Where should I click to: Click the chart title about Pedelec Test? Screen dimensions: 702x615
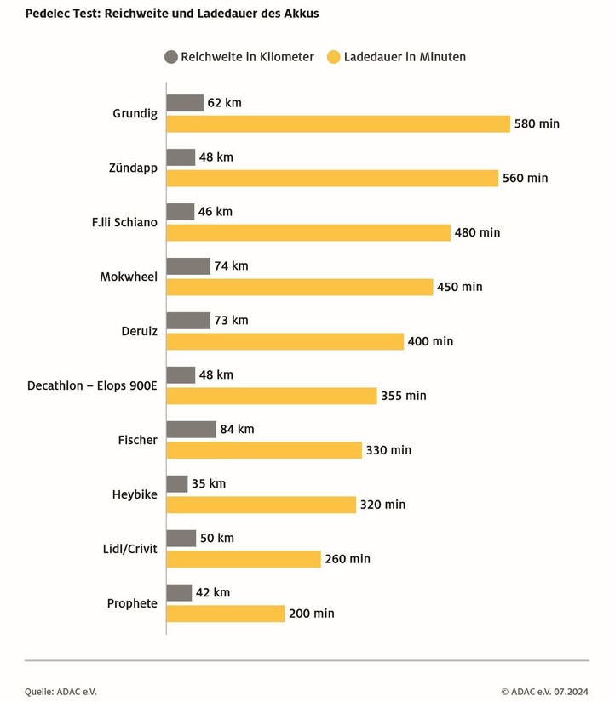pos(172,14)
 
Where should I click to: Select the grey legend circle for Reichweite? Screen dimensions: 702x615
pos(170,57)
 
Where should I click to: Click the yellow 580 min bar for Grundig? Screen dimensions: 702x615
pos(338,123)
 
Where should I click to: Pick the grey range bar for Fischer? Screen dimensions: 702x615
pos(191,429)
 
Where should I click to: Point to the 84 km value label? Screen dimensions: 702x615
pos(238,429)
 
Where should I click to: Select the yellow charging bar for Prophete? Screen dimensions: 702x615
pos(226,614)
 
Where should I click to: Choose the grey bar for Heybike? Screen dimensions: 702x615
pos(177,483)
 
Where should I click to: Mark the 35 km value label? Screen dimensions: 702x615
pos(210,483)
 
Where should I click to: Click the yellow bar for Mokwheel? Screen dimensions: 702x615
pos(300,287)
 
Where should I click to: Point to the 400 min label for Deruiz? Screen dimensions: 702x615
pos(431,341)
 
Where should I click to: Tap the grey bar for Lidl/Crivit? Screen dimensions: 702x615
pos(181,538)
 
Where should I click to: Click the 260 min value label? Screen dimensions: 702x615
pos(348,559)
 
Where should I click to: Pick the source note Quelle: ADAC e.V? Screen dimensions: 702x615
pos(61,692)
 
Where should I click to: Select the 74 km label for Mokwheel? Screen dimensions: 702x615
pos(232,265)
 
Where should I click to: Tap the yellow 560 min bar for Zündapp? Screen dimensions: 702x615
pos(332,178)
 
